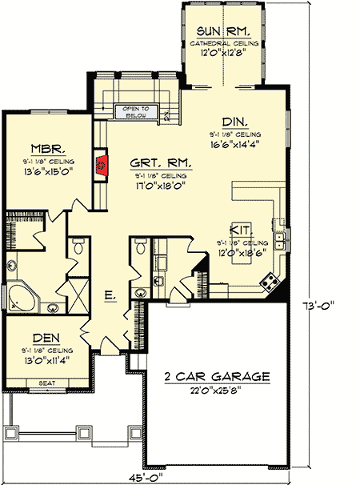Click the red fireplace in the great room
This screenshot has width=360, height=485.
[101, 166]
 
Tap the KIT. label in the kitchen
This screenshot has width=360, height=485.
[242, 228]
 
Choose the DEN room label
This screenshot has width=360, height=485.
[47, 338]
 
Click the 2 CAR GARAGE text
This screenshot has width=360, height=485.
[215, 375]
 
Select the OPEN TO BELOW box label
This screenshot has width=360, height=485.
[134, 111]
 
